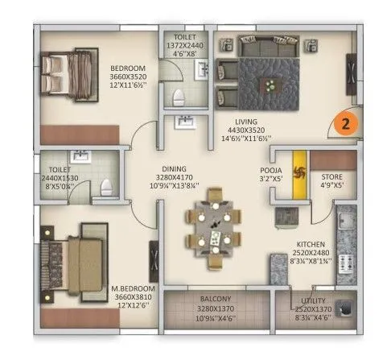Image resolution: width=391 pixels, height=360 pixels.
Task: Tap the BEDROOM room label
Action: point(129,68)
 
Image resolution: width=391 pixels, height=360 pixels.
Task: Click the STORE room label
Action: point(333,176)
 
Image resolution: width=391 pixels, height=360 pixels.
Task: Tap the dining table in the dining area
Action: point(214,227)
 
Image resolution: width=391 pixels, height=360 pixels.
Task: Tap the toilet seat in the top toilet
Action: point(181,97)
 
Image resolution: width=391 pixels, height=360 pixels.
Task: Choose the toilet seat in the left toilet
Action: point(105,188)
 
